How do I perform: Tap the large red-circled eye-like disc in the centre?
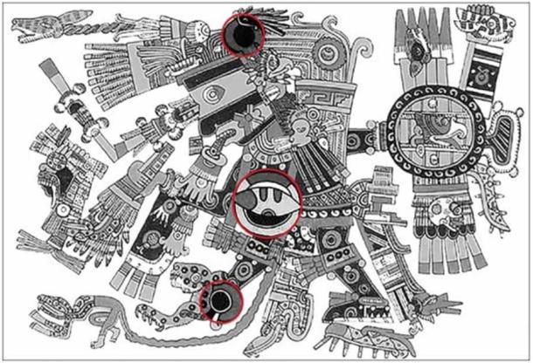click(x=267, y=203)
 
